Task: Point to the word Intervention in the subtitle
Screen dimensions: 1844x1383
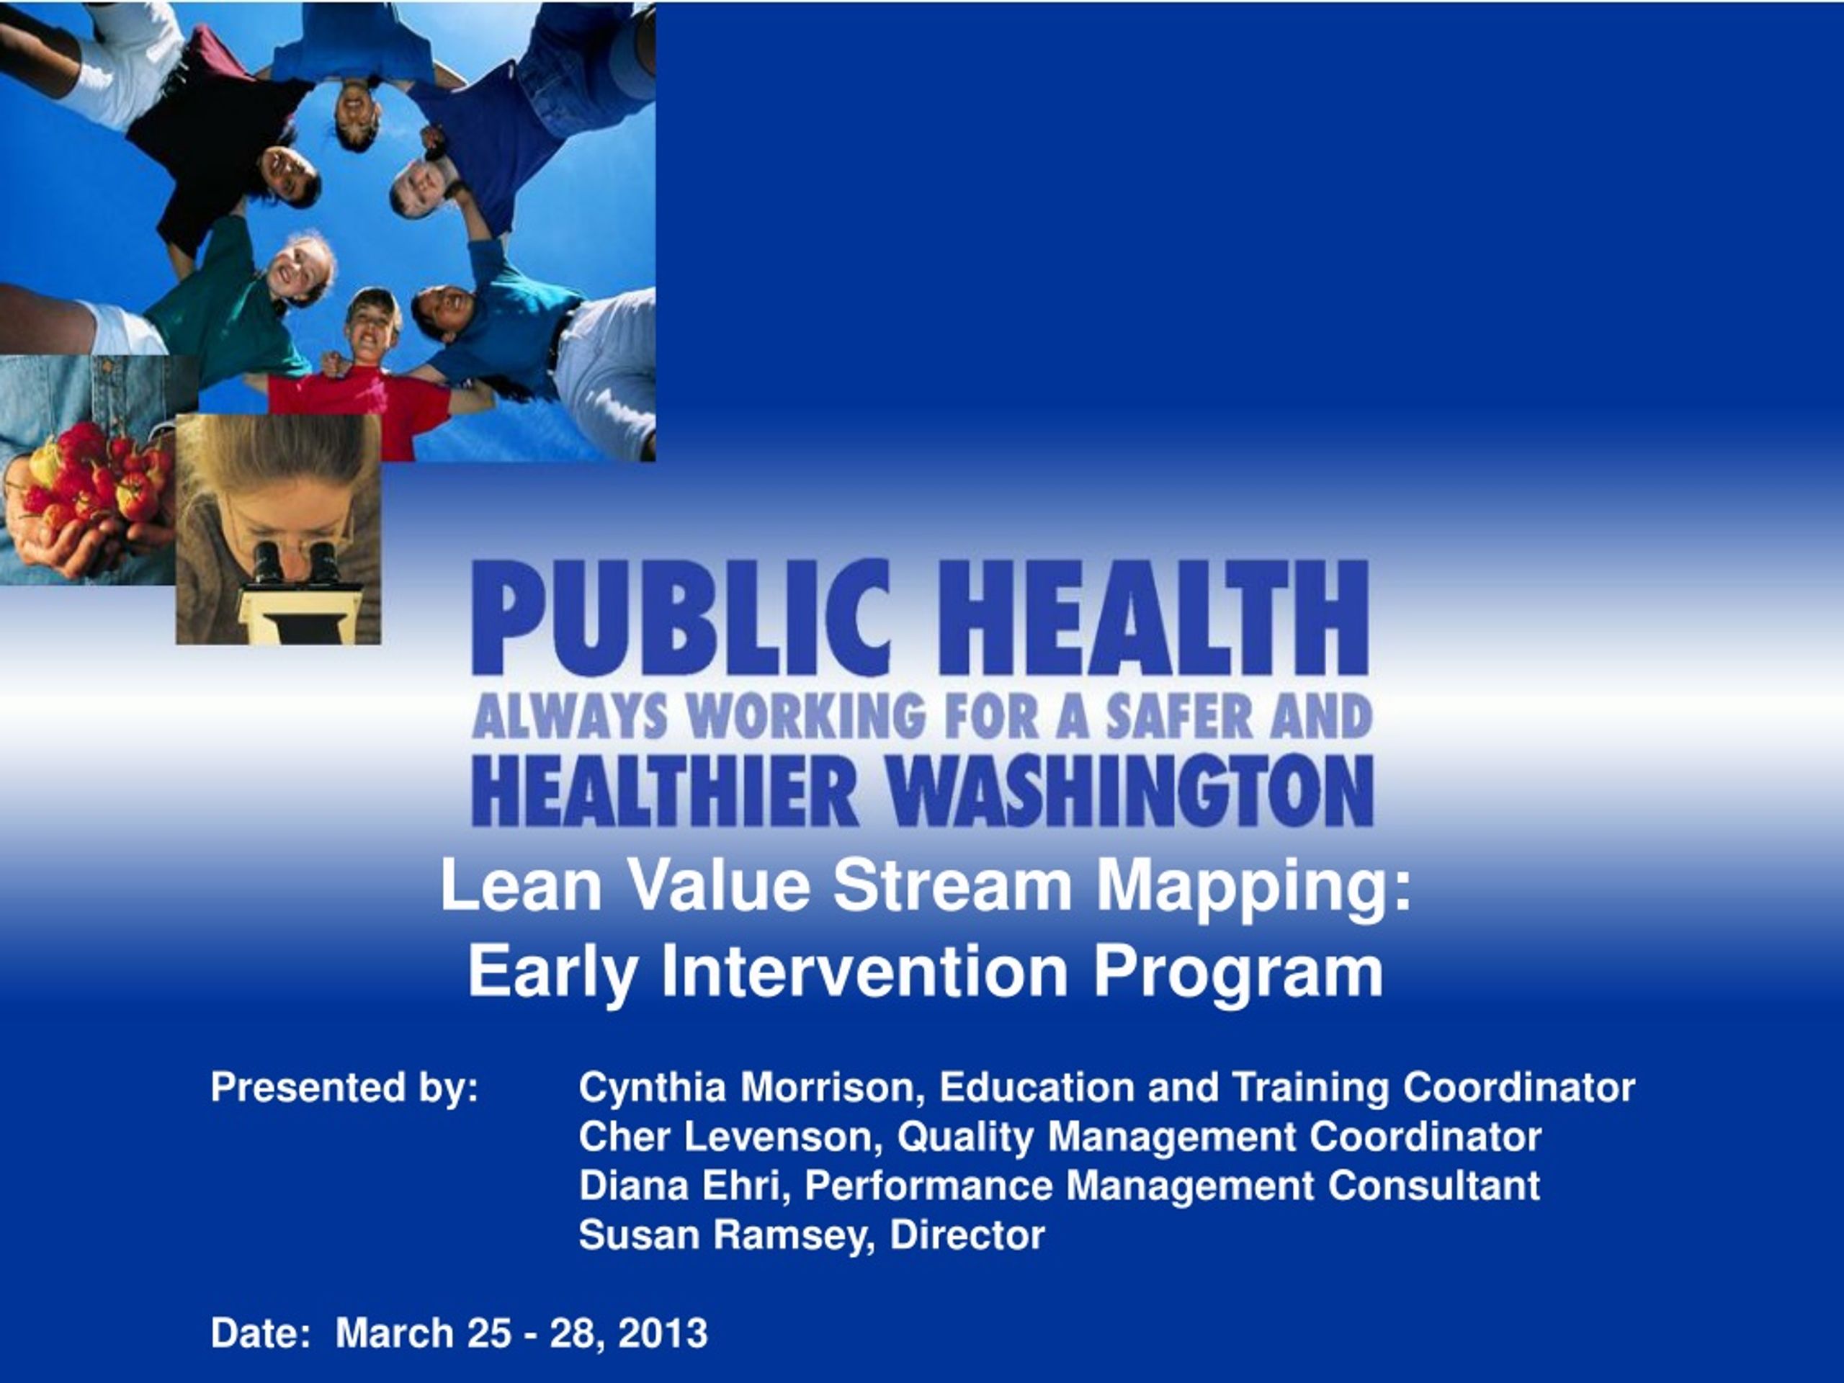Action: pos(864,971)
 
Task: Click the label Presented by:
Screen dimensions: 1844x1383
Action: pos(345,1088)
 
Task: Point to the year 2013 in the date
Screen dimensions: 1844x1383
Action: pos(663,1333)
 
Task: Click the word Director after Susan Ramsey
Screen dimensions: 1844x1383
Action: pos(967,1235)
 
